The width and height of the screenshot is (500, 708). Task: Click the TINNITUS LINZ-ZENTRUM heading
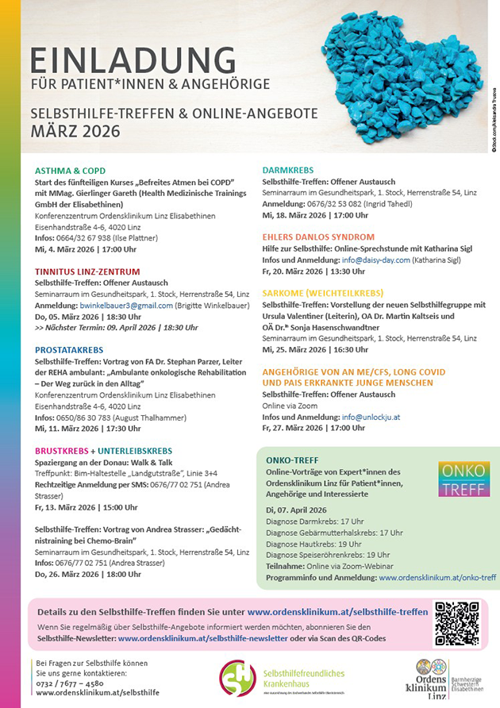coord(87,271)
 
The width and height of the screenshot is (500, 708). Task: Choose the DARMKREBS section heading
coord(288,170)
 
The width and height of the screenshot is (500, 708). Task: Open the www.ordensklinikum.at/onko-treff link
coord(437,578)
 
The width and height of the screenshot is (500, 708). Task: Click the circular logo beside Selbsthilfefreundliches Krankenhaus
coord(237,679)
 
